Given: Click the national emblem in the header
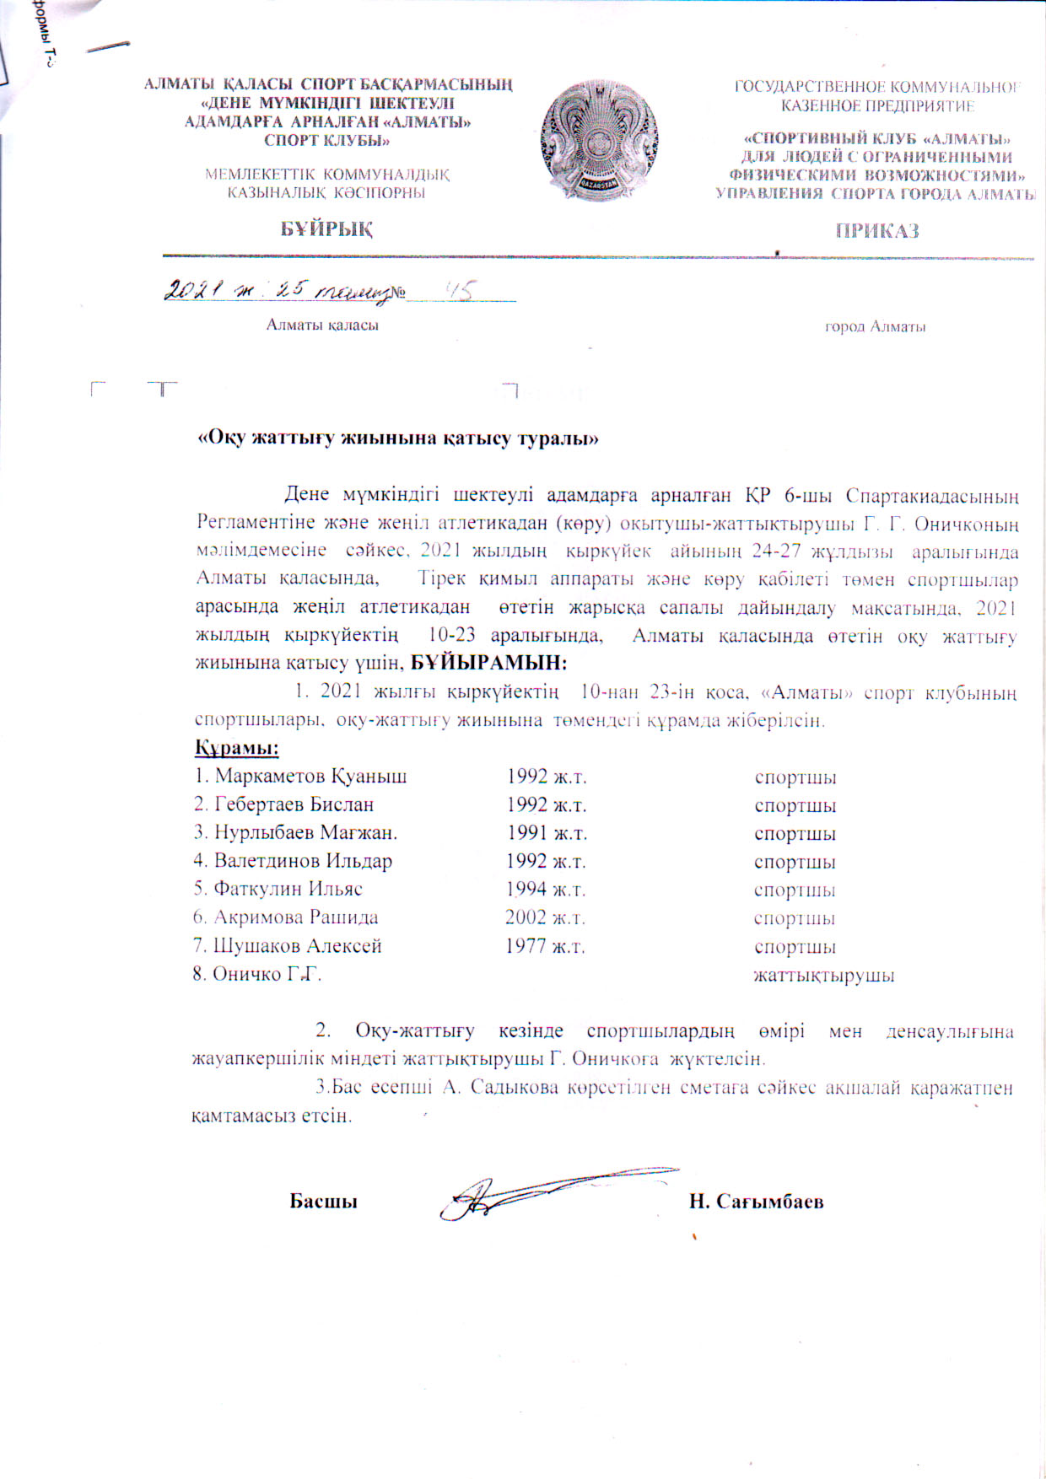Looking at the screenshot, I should click(x=600, y=141).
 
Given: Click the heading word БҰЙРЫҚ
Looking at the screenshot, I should click(x=327, y=229).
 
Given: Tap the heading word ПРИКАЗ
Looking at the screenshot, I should click(x=877, y=231).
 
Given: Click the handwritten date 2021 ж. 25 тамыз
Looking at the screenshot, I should click(x=278, y=291).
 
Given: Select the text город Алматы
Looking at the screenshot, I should click(x=875, y=327).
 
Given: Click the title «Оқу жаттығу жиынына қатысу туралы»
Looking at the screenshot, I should click(x=397, y=438).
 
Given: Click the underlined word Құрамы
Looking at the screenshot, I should click(x=237, y=748).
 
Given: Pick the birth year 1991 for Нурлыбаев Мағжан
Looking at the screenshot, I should click(x=547, y=834).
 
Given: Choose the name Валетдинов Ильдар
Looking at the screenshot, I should click(x=293, y=862).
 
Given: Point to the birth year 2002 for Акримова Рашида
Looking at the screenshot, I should click(x=545, y=918).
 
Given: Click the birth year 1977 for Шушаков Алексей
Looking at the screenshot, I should click(x=545, y=947).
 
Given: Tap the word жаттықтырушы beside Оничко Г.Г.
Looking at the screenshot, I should click(x=823, y=976).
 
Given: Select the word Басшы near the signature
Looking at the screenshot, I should click(x=323, y=1202).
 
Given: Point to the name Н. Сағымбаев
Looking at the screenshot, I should click(x=756, y=1202).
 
